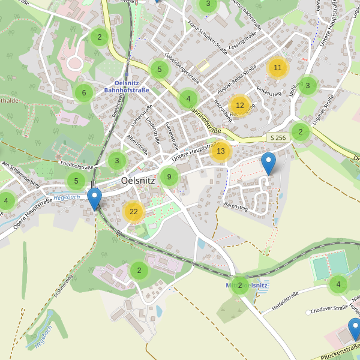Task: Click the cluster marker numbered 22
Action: [134, 211]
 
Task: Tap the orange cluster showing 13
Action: [220, 151]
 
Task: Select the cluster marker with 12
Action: [239, 106]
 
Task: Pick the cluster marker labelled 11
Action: [277, 68]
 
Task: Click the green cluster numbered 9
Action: [169, 176]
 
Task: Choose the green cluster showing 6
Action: [84, 92]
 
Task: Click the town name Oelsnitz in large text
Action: [138, 179]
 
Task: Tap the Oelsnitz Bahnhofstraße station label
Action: [127, 86]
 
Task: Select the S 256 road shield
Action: [278, 138]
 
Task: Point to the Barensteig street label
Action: [235, 206]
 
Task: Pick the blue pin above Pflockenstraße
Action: [355, 329]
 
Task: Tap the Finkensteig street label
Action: [269, 92]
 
